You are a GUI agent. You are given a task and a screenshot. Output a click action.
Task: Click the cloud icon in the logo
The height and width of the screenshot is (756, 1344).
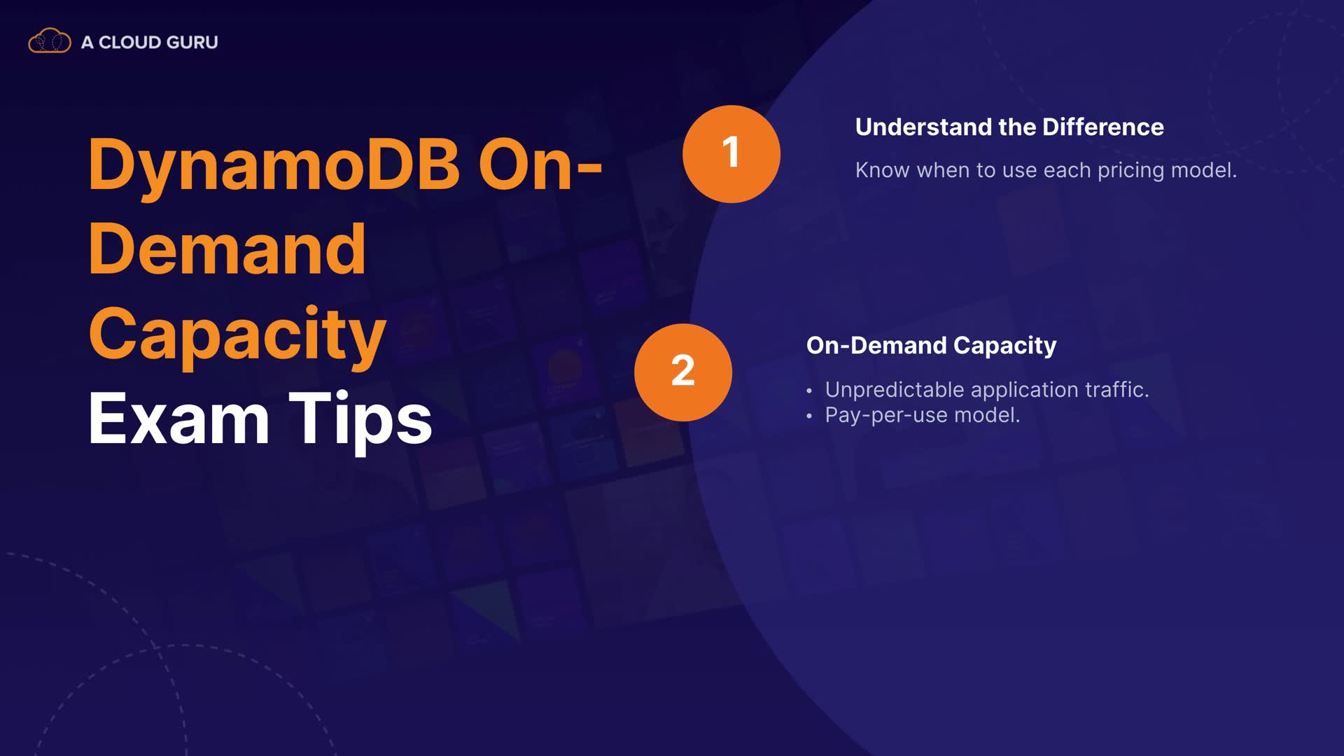pyautogui.click(x=49, y=41)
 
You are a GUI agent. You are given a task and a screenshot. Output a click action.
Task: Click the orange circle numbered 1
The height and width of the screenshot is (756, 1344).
pyautogui.click(x=731, y=154)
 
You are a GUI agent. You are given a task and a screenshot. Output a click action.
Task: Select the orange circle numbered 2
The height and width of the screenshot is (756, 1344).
pyautogui.click(x=683, y=372)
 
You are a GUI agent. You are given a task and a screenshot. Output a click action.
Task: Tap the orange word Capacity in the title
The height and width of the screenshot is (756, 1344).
pyautogui.click(x=237, y=336)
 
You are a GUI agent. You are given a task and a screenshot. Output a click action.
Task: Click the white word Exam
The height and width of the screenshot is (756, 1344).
pyautogui.click(x=179, y=419)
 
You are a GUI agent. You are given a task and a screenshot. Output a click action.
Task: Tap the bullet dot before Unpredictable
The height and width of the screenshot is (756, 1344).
pyautogui.click(x=809, y=391)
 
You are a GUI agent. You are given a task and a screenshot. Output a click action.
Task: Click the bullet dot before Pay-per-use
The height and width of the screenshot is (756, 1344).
pyautogui.click(x=809, y=416)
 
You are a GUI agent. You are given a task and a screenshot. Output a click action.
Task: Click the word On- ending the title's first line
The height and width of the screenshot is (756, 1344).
pyautogui.click(x=540, y=165)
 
